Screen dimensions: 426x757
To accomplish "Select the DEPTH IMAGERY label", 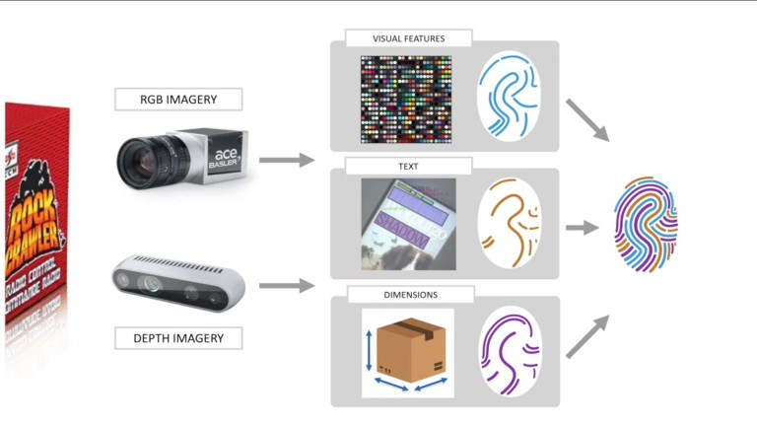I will (178, 338).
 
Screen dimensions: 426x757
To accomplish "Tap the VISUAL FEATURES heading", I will (408, 38).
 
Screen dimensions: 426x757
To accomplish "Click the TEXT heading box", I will (408, 167).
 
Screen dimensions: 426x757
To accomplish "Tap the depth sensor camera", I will (176, 282).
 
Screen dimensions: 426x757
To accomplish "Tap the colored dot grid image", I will (406, 96).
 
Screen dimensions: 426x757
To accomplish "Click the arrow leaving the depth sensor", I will (286, 286).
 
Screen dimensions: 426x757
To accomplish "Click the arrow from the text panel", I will (584, 228).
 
